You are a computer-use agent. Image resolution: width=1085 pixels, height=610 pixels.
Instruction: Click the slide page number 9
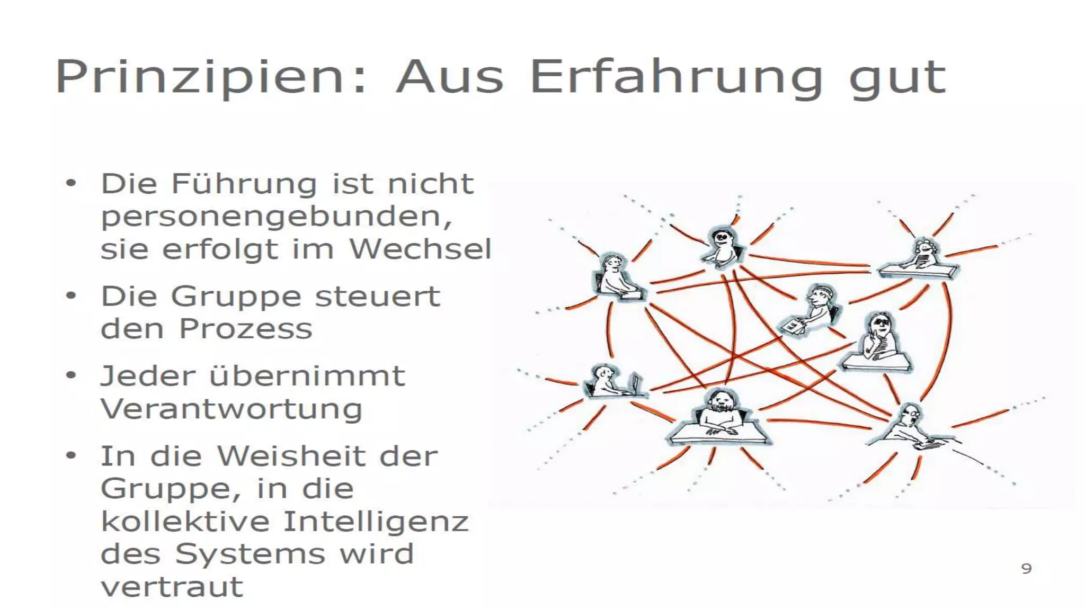(1026, 569)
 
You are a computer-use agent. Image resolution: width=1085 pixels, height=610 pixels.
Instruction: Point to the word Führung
(244, 184)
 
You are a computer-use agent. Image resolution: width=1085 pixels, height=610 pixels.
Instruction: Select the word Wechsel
(420, 249)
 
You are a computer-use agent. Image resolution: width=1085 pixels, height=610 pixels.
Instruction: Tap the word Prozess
(246, 329)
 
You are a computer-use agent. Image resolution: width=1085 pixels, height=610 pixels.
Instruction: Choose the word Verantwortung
(232, 409)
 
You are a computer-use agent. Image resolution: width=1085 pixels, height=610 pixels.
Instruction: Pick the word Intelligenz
(376, 522)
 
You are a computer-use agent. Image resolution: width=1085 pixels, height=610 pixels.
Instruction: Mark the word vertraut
(172, 587)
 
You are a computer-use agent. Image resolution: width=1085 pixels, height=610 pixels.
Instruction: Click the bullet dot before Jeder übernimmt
(71, 376)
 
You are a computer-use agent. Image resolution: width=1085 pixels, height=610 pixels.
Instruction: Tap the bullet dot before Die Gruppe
(71, 296)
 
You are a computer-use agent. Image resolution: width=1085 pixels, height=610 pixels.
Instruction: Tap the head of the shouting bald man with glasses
(911, 415)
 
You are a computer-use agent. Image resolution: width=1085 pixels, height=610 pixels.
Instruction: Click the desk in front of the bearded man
(718, 436)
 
